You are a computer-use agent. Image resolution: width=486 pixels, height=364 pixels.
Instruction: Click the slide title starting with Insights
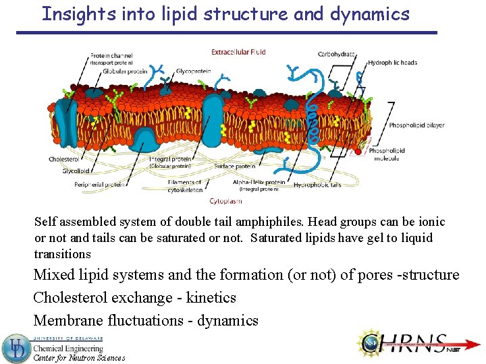pos(225,14)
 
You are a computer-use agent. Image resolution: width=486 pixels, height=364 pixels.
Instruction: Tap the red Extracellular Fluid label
pos(238,51)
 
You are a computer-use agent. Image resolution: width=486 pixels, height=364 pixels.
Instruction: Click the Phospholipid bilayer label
pos(416,125)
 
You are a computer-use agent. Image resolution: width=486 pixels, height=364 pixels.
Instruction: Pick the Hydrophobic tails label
pos(317,184)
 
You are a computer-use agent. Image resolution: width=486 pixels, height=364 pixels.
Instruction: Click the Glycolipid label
pos(63,171)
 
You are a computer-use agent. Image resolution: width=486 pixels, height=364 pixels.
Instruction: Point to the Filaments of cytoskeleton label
pos(185,186)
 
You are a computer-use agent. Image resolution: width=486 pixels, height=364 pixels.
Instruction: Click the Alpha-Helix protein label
pos(259,183)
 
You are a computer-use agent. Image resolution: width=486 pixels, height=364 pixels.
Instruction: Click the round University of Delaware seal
pos(16,348)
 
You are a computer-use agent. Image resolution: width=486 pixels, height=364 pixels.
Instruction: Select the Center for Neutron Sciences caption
pos(79,359)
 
